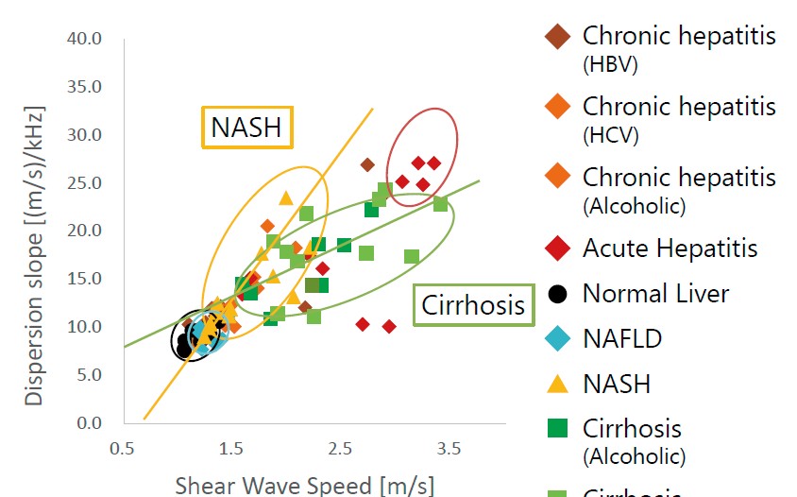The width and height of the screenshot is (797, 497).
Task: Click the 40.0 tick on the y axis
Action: point(85,40)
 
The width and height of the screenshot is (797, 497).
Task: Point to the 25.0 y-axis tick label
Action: point(85,183)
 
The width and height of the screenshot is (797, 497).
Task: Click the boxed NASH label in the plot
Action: point(246,128)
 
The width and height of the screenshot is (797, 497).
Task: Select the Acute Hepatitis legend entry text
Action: point(670,248)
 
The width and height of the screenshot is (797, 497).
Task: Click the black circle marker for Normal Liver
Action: point(558,294)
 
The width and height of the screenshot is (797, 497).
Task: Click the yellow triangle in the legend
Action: point(558,384)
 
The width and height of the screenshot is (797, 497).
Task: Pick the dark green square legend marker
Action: point(558,430)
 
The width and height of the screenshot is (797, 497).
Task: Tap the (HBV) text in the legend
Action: point(610,65)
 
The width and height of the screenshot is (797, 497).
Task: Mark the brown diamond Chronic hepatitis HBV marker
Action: point(558,37)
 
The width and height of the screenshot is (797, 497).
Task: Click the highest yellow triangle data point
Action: point(286,197)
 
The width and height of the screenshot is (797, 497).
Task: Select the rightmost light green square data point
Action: point(440,204)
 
